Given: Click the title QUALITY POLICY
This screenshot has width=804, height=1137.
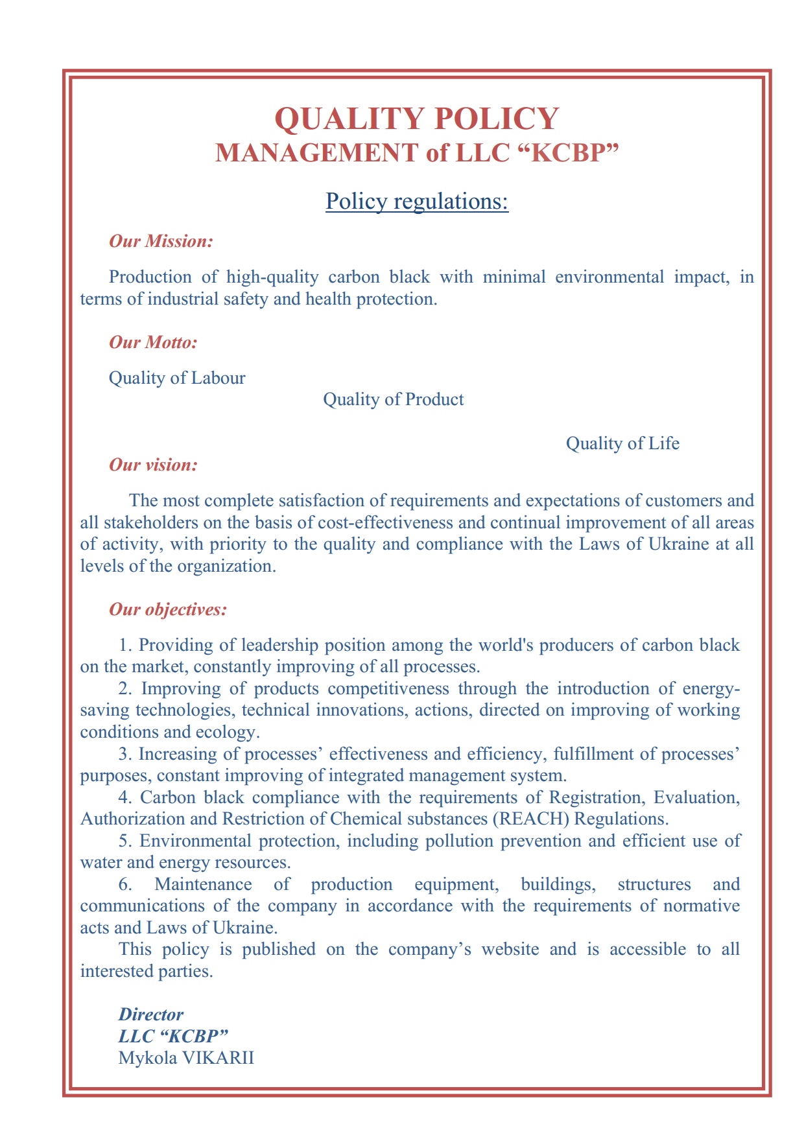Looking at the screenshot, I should pyautogui.click(x=416, y=119).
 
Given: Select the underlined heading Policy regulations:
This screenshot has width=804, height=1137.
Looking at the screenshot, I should pyautogui.click(x=416, y=202).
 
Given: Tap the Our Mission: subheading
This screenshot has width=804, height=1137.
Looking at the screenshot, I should pyautogui.click(x=161, y=242).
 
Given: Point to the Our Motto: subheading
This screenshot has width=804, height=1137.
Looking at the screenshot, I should pyautogui.click(x=153, y=342).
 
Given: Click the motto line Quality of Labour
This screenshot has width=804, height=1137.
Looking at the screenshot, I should pyautogui.click(x=177, y=379).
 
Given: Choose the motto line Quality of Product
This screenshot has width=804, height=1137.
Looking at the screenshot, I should pyautogui.click(x=393, y=399).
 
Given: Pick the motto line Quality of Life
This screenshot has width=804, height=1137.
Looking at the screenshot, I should pyautogui.click(x=622, y=444).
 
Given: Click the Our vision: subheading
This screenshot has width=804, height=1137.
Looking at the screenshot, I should pyautogui.click(x=153, y=465).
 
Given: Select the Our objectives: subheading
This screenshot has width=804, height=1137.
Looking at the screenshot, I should pyautogui.click(x=168, y=610).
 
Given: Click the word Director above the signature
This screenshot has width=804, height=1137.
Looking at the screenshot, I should pyautogui.click(x=150, y=1014).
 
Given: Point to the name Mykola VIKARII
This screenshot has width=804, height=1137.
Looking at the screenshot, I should pyautogui.click(x=186, y=1059).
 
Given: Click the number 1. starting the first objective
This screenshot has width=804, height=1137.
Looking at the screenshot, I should pyautogui.click(x=126, y=646).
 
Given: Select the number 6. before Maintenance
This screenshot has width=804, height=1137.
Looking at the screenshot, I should pyautogui.click(x=126, y=885).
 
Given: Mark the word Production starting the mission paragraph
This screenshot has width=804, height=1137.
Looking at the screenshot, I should pyautogui.click(x=150, y=277).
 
